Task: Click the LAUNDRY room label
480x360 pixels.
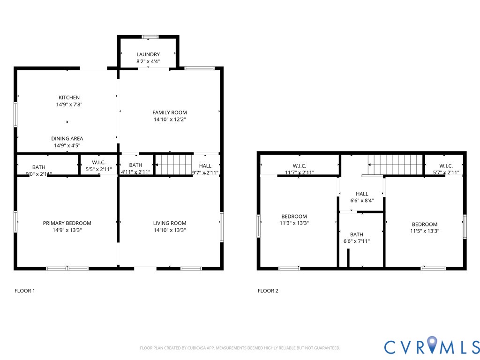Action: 148,54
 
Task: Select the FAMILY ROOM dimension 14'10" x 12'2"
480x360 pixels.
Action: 169,120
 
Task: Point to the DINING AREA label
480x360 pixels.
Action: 67,138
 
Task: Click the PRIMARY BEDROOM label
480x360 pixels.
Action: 67,223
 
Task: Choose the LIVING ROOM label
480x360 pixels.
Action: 170,223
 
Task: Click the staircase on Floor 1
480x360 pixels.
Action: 173,165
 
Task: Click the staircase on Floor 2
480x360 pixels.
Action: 396,165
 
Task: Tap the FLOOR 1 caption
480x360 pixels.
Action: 25,291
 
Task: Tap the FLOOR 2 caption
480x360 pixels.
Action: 268,291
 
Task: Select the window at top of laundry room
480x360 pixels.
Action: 150,37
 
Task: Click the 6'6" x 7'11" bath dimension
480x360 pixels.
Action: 356,241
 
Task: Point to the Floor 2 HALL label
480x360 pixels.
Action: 362,194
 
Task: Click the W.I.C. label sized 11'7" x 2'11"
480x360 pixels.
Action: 299,166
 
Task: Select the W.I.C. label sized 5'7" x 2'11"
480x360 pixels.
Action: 446,166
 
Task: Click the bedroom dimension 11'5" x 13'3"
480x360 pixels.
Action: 425,231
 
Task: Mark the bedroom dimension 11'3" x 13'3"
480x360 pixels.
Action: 294,223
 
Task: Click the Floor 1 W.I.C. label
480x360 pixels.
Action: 99,162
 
